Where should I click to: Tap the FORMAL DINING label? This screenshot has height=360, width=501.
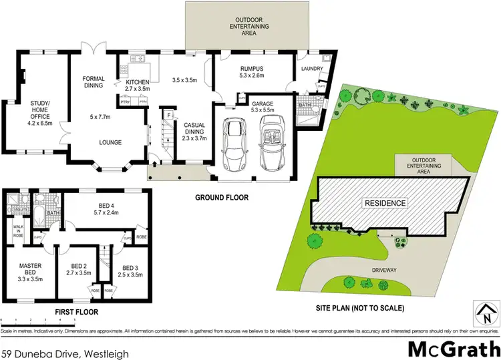click(x=94, y=82)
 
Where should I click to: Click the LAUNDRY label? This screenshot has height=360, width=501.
click(x=312, y=69)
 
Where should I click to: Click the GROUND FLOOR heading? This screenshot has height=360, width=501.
click(x=222, y=197)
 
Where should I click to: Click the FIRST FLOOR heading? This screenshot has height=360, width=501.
click(x=76, y=312)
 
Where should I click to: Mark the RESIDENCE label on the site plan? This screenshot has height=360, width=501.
click(x=385, y=203)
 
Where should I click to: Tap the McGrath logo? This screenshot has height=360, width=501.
click(x=452, y=349)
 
